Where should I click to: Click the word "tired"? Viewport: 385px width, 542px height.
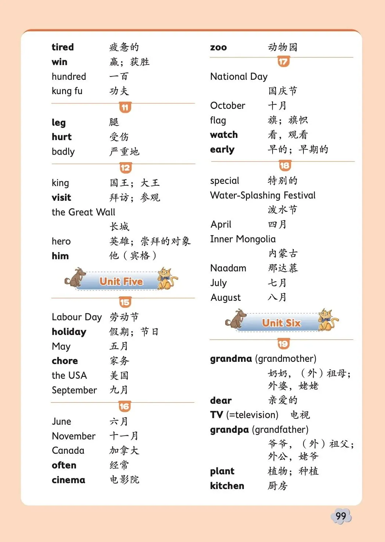(62, 47)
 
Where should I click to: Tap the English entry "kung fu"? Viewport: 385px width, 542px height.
(67, 91)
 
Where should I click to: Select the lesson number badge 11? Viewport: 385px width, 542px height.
(125, 107)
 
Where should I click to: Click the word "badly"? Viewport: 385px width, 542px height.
(63, 151)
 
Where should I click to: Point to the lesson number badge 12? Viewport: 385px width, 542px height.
(125, 168)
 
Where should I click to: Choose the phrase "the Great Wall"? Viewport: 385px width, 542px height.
(83, 212)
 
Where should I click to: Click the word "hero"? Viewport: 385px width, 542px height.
(61, 241)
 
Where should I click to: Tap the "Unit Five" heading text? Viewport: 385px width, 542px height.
(121, 282)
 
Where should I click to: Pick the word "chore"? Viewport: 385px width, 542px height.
(65, 361)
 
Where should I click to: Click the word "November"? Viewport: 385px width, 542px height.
(73, 436)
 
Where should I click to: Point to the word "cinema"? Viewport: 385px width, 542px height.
(68, 480)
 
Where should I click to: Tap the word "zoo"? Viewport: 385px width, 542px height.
(218, 47)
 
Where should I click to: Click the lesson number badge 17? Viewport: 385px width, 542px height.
(283, 62)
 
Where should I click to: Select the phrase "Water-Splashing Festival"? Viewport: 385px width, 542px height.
(263, 195)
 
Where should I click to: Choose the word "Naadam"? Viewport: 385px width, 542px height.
(228, 268)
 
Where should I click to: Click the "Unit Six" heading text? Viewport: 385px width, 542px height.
(281, 323)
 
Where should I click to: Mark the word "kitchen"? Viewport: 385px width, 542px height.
(227, 486)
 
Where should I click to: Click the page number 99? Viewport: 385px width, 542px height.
(341, 516)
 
